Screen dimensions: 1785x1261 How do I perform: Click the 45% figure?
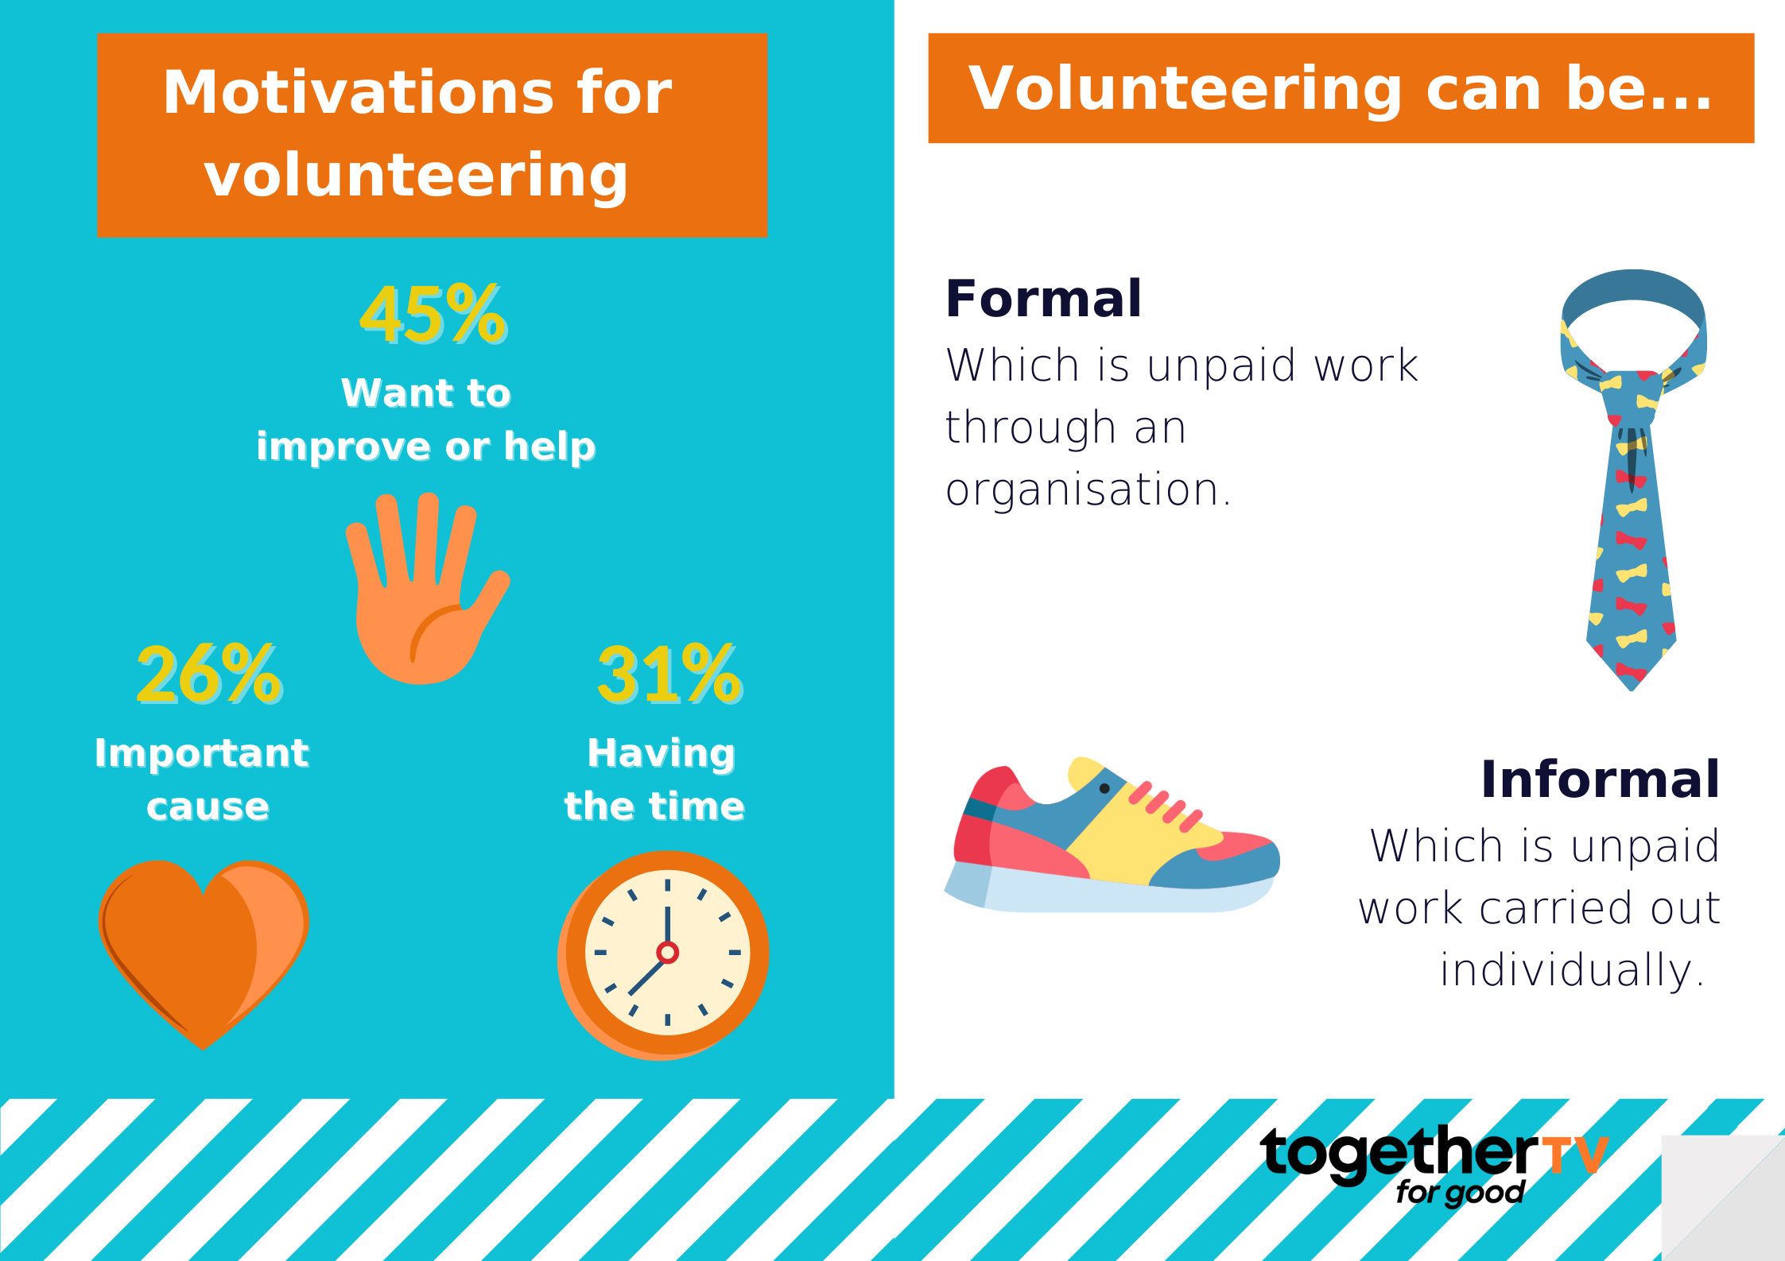pyautogui.click(x=433, y=315)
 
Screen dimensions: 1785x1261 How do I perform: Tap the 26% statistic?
pyautogui.click(x=210, y=675)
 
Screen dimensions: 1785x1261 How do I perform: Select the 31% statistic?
pyautogui.click(x=670, y=675)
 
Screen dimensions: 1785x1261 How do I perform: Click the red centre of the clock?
pyautogui.click(x=667, y=952)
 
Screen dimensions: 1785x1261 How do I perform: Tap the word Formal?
pyautogui.click(x=1043, y=300)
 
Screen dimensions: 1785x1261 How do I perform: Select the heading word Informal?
pyautogui.click(x=1600, y=779)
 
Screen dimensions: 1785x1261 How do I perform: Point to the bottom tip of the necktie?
pyautogui.click(x=1632, y=689)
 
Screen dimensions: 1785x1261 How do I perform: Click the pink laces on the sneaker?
pyautogui.click(x=1166, y=806)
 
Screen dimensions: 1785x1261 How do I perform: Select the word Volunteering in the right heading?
pyautogui.click(x=1185, y=89)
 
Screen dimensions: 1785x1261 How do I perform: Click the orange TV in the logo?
pyautogui.click(x=1575, y=1156)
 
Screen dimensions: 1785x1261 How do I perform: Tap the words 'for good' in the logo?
pyautogui.click(x=1460, y=1193)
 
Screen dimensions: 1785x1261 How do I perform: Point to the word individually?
pyautogui.click(x=1572, y=970)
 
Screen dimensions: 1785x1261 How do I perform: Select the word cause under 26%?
pyautogui.click(x=208, y=807)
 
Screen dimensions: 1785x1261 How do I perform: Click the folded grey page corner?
pyautogui.click(x=1723, y=1197)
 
